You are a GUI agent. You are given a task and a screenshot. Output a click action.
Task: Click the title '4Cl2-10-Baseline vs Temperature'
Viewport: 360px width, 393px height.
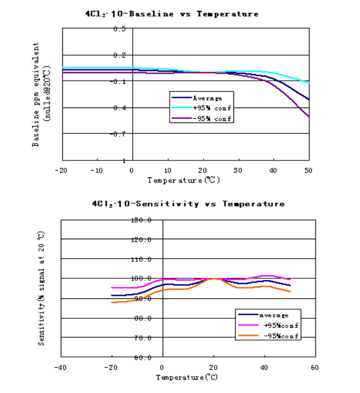pyautogui.click(x=172, y=14)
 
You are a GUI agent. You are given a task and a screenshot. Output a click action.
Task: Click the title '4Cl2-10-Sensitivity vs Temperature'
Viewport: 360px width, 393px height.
pyautogui.click(x=188, y=204)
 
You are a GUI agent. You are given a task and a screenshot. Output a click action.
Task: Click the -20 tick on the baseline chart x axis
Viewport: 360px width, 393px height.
pyautogui.click(x=62, y=170)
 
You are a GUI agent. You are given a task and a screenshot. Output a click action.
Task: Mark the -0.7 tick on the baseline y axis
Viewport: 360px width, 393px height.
pyautogui.click(x=118, y=134)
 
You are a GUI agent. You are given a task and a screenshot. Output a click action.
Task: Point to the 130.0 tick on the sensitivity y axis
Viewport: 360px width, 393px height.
pyautogui.click(x=141, y=220)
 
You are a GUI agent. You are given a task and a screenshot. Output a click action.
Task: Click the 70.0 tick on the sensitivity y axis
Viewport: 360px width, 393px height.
pyautogui.click(x=142, y=338)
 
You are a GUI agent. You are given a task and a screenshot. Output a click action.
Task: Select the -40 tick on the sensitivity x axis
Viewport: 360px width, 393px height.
pyautogui.click(x=61, y=367)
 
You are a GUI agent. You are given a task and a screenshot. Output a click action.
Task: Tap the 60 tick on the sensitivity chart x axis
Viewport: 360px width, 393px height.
pyautogui.click(x=315, y=367)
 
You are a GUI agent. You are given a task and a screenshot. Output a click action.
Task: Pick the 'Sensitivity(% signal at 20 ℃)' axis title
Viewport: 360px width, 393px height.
pyautogui.click(x=42, y=288)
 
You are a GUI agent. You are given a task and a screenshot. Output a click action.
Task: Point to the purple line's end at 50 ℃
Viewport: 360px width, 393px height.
pyautogui.click(x=309, y=117)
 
